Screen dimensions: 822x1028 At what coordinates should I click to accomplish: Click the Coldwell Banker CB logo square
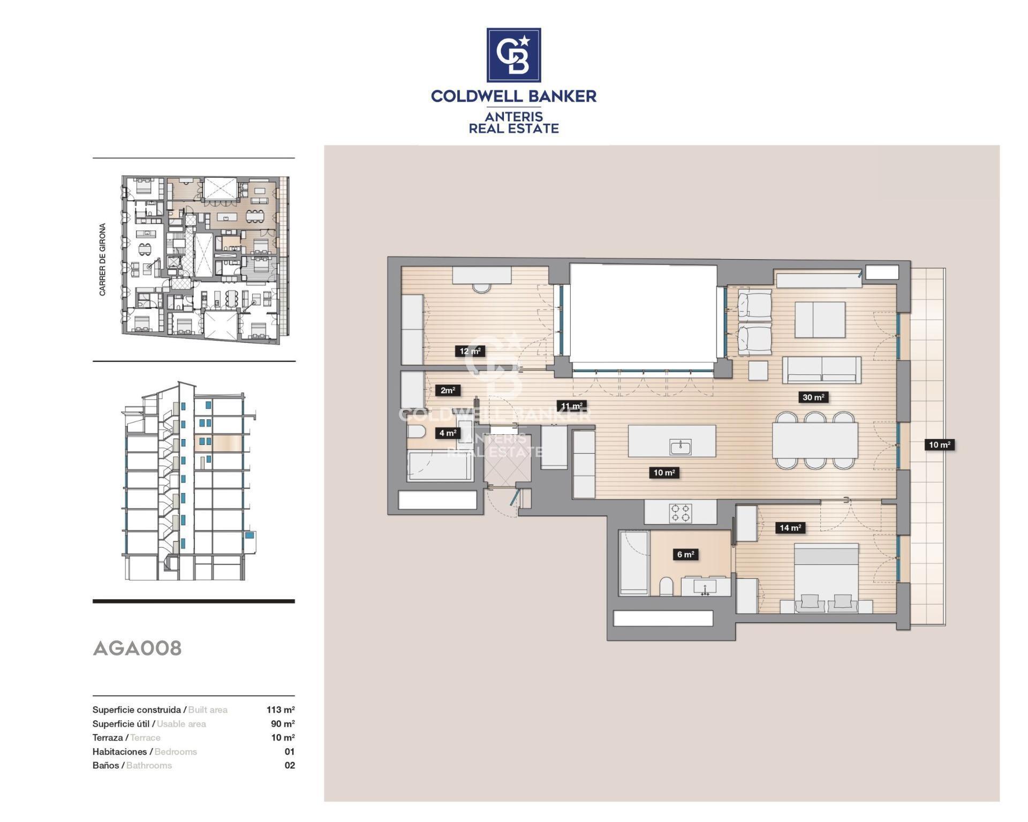click(513, 55)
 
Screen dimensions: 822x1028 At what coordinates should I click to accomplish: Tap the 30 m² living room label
click(813, 397)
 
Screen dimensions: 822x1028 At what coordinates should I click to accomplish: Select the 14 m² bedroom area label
click(790, 528)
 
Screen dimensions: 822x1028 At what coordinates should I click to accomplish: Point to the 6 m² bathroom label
click(685, 554)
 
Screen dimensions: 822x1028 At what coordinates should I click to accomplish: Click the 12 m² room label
click(470, 351)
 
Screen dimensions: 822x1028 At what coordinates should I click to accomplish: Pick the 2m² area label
click(448, 390)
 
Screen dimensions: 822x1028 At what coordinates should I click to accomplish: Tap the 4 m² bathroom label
click(448, 433)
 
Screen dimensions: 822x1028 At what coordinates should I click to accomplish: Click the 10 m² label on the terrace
click(939, 444)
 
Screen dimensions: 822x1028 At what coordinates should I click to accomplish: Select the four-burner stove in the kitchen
click(681, 512)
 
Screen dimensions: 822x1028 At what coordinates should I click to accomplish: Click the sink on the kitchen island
click(680, 447)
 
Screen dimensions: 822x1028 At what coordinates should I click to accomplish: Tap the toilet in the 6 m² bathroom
click(667, 587)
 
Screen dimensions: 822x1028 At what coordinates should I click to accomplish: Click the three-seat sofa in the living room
click(821, 370)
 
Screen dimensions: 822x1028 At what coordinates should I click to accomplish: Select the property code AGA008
click(137, 648)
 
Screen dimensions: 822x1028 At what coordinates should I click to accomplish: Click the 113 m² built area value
click(281, 710)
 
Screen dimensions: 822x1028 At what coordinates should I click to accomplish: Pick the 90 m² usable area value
click(283, 723)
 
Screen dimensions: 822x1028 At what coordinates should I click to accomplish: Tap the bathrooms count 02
click(290, 765)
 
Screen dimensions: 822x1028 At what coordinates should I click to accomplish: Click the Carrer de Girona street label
click(102, 259)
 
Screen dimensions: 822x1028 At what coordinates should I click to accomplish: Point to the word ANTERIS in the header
click(513, 116)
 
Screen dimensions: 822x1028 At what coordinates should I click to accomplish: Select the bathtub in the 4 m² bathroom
click(440, 465)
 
